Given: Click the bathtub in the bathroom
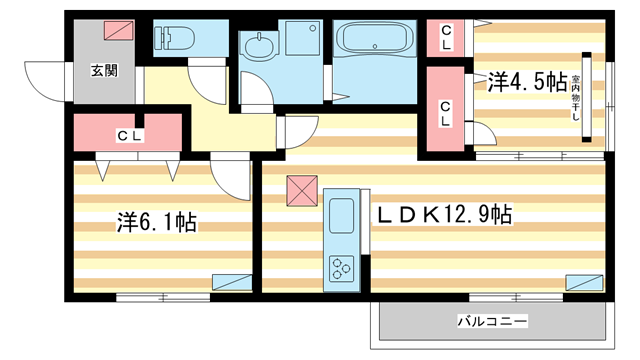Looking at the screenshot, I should pos(372,41).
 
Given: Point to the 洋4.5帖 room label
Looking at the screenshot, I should pos(526,80).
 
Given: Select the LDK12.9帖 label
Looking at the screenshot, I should pos(445,214).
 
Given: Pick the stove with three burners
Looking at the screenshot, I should pos(342,267).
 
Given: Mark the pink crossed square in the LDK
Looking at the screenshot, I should pos(301,190).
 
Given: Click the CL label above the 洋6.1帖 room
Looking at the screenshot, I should pos(126,134).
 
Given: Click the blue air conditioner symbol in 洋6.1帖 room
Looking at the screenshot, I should pos(236,282).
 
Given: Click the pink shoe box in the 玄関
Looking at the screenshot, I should pos(117,32).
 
